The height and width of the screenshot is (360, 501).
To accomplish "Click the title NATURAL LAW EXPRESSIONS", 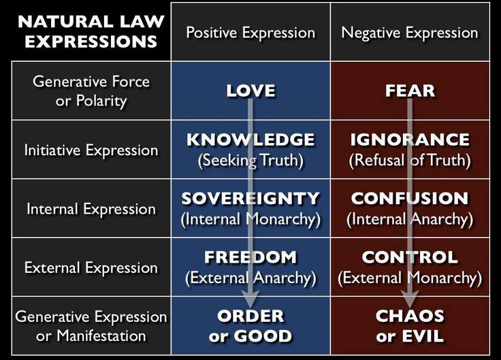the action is tap(91, 31).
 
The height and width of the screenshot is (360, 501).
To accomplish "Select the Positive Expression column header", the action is tap(251, 33).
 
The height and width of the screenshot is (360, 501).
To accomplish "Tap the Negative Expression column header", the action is tap(410, 33).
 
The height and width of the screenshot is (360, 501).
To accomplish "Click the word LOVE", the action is tap(251, 91).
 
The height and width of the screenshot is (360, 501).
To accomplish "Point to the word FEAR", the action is tap(410, 91).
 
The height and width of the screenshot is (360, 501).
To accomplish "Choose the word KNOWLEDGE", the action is tap(251, 140).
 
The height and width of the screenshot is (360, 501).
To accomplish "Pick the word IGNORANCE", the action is tap(410, 140).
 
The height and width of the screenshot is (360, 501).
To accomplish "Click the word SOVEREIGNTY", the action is tap(251, 198).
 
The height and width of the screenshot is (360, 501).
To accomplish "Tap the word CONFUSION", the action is tap(410, 198).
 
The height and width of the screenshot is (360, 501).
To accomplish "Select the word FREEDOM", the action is tap(251, 257).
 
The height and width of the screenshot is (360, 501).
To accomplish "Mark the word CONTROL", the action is tap(410, 257).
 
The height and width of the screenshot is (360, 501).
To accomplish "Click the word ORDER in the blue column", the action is tap(251, 316).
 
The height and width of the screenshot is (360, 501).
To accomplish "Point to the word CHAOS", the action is tap(410, 316).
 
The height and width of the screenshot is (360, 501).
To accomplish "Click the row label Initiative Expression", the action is tap(91, 150).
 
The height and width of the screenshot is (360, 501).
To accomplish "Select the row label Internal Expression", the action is tap(91, 209).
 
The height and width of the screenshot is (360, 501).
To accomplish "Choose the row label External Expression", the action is tap(91, 267).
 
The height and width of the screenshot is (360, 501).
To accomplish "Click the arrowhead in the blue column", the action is tap(251, 299).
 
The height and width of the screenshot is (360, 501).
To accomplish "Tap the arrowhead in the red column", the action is tap(410, 299).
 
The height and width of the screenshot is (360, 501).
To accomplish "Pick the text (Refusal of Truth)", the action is tap(410, 160).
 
